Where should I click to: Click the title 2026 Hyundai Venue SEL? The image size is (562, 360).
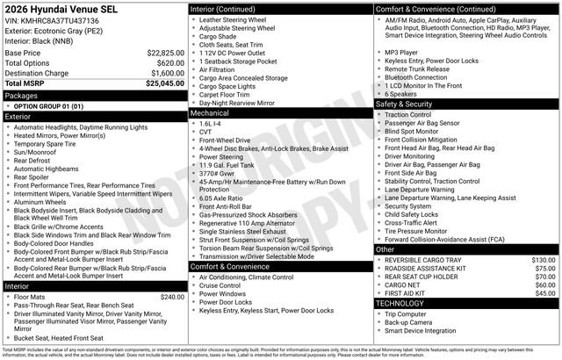(x=63, y=8)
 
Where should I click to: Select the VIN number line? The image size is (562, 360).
(x=57, y=19)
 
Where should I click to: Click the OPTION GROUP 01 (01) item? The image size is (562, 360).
(x=48, y=105)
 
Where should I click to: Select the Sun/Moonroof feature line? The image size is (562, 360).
(x=39, y=152)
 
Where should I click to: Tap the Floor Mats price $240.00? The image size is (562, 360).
(x=167, y=297)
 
